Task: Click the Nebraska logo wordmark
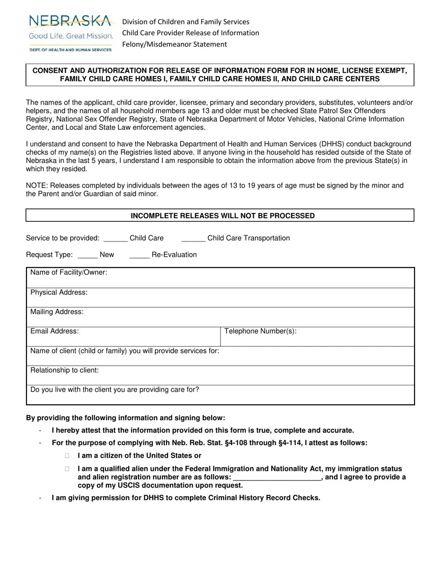click(x=71, y=21)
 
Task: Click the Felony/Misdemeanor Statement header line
click(x=175, y=45)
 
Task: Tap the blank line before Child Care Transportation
click(x=193, y=239)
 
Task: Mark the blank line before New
click(x=88, y=256)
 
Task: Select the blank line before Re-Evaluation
click(x=139, y=256)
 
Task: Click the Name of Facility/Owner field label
click(x=69, y=273)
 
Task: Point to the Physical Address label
click(x=59, y=292)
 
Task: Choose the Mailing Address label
click(x=57, y=312)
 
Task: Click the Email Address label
click(x=54, y=331)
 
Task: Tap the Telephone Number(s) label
click(x=260, y=331)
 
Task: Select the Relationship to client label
click(x=65, y=370)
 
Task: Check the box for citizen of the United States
click(x=67, y=456)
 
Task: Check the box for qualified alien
click(x=67, y=469)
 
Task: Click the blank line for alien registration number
click(x=277, y=478)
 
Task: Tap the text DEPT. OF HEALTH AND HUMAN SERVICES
click(x=71, y=50)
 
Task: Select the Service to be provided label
click(x=63, y=238)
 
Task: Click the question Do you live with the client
click(x=115, y=390)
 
